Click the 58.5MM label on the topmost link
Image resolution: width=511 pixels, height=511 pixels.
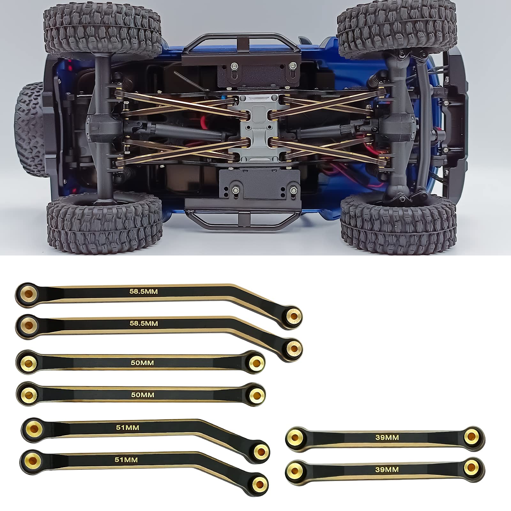pyautogui.click(x=143, y=292)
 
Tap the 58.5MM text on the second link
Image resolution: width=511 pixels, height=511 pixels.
pyautogui.click(x=144, y=324)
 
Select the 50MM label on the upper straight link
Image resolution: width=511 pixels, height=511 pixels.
pyautogui.click(x=142, y=363)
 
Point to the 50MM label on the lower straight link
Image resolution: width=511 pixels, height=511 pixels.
pyautogui.click(x=142, y=395)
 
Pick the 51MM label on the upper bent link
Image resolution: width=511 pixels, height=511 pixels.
pyautogui.click(x=127, y=427)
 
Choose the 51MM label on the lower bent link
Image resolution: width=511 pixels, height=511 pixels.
pyautogui.click(x=126, y=460)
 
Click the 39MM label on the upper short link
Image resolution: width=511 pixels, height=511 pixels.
pyautogui.click(x=387, y=438)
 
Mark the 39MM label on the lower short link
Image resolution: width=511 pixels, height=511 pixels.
pyautogui.click(x=387, y=470)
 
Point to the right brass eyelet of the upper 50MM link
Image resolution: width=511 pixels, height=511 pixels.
pyautogui.click(x=256, y=361)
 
